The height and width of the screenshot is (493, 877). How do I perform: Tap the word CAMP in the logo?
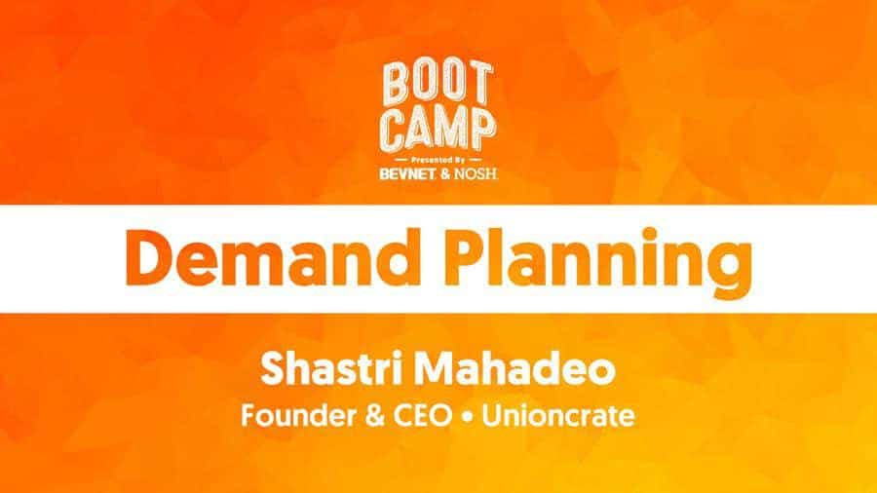(x=438, y=130)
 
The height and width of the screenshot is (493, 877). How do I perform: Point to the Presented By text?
(x=438, y=160)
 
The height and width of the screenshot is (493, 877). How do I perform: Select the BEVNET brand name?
(x=407, y=173)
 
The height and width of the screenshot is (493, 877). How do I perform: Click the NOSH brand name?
(x=476, y=173)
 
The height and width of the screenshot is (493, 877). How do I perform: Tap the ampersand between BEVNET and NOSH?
(x=445, y=173)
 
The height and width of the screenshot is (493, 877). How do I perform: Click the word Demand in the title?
(x=273, y=257)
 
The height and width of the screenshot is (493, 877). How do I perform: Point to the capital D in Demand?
(x=150, y=257)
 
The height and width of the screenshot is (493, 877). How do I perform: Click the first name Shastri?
(x=334, y=369)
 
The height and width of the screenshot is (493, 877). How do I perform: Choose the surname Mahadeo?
(x=515, y=369)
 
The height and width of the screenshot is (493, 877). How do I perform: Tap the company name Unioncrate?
(x=558, y=416)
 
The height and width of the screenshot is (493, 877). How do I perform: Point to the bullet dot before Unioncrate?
(x=467, y=417)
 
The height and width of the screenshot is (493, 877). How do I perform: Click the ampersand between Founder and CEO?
(x=374, y=416)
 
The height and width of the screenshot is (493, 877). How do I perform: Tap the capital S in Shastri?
(x=274, y=369)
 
